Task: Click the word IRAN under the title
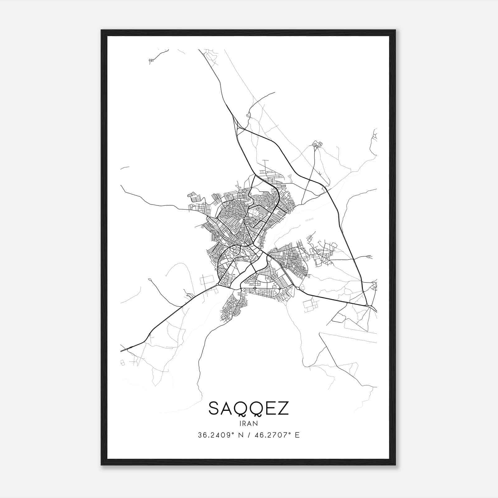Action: [x=249, y=423]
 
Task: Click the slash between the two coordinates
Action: [x=248, y=435]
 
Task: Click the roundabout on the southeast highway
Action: [x=298, y=289]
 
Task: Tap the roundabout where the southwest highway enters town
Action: [x=217, y=285]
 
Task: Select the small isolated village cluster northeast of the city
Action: [x=317, y=144]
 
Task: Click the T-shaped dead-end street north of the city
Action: [x=265, y=162]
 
